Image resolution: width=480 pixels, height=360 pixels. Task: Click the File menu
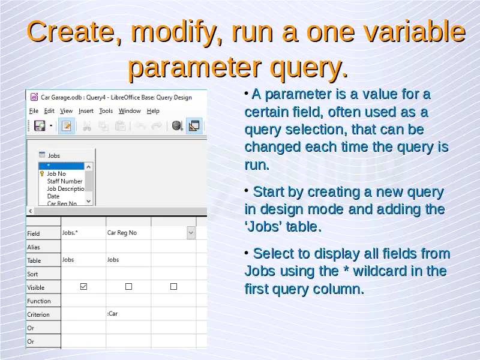click(x=34, y=111)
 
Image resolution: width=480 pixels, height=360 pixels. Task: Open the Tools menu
click(x=106, y=111)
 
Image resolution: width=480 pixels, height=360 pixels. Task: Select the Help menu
click(x=153, y=111)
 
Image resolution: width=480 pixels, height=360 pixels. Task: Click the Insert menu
click(x=86, y=111)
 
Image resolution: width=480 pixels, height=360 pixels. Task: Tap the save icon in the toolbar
click(x=40, y=125)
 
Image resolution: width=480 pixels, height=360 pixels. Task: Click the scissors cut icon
click(x=87, y=126)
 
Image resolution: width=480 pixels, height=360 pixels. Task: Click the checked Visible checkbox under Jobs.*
click(x=83, y=287)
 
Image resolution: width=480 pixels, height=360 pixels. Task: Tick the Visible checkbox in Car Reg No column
click(x=128, y=287)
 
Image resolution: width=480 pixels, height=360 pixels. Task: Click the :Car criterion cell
click(x=128, y=314)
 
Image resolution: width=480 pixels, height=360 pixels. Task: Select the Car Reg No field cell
click(x=128, y=233)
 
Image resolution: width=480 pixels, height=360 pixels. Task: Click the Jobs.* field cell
click(x=83, y=233)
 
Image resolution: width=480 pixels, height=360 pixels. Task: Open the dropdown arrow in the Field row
click(x=191, y=233)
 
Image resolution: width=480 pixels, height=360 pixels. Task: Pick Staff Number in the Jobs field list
click(x=65, y=181)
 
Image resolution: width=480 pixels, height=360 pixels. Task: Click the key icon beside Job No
click(x=42, y=174)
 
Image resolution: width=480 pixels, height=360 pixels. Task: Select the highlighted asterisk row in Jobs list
click(x=61, y=166)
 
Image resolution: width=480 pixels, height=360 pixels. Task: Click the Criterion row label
click(x=38, y=314)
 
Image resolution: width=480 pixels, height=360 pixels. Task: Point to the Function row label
click(x=39, y=301)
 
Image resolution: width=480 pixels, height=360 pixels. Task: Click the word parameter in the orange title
click(x=194, y=67)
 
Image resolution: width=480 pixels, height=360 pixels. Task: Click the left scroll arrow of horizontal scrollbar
click(x=31, y=211)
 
